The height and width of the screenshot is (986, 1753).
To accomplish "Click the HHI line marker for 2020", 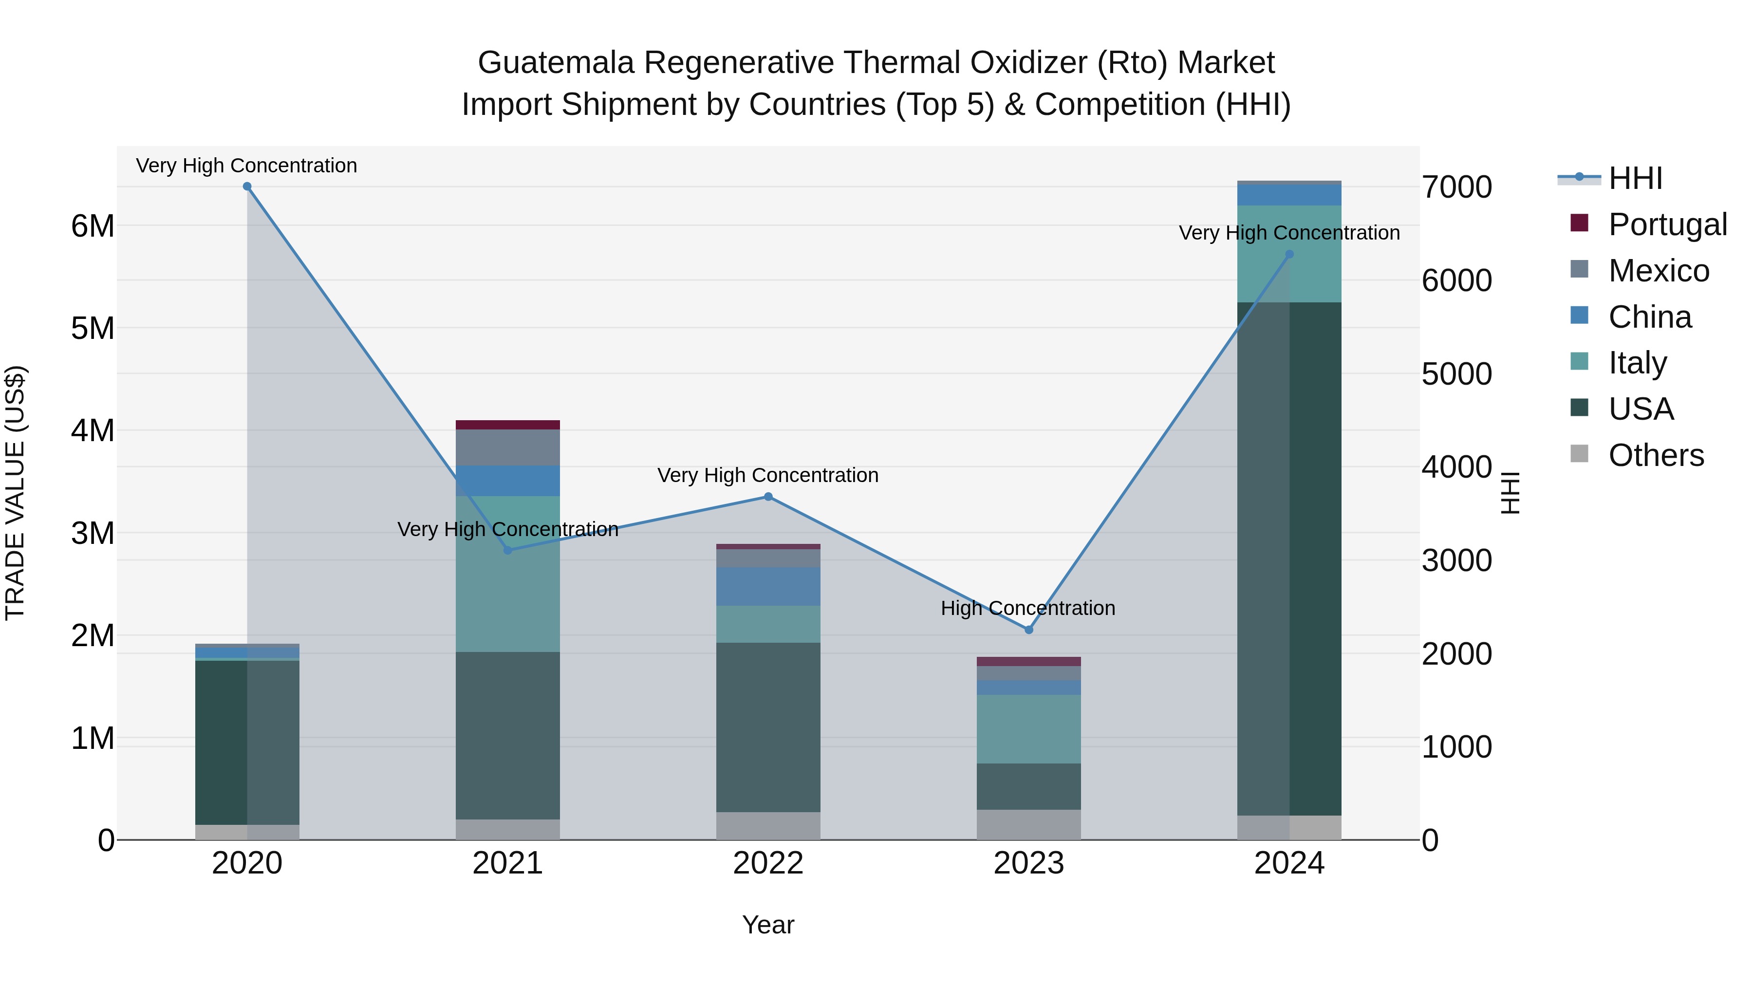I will (x=247, y=186).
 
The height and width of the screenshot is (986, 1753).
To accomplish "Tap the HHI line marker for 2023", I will (x=1028, y=630).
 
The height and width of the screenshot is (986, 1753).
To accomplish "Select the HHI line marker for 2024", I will (x=1289, y=255).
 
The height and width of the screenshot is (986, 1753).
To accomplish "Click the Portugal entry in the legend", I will (x=1667, y=224).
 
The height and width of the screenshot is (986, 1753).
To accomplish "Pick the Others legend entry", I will (x=1655, y=455).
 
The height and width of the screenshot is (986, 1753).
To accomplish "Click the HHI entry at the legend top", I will (x=1635, y=178).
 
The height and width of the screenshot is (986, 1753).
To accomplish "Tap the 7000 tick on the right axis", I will (x=1456, y=187).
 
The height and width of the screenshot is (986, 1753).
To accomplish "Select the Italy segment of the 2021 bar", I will (x=508, y=573).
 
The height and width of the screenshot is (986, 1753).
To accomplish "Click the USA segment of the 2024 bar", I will (x=1289, y=558).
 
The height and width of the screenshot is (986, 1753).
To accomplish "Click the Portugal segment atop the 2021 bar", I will (x=508, y=425).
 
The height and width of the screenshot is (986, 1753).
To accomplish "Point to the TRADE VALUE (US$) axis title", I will (x=15, y=493).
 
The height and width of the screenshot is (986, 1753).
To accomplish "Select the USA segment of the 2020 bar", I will (x=247, y=742).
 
